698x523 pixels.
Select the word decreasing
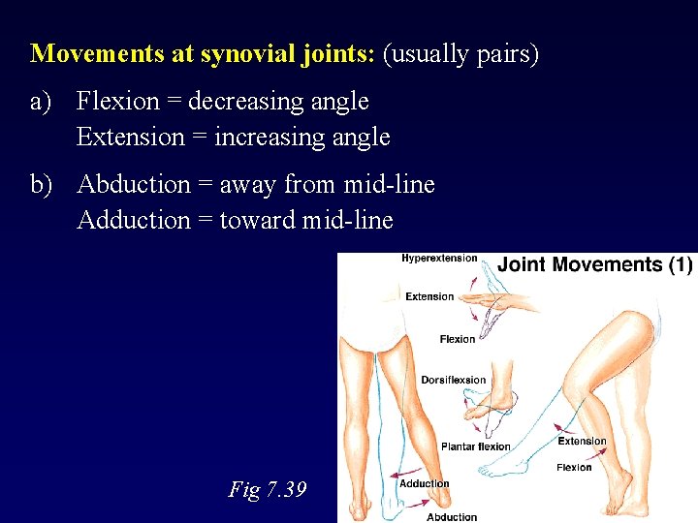tap(237, 101)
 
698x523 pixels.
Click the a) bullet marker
tap(43, 101)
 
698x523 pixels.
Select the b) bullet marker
tap(43, 184)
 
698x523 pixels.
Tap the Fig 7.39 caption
tap(268, 489)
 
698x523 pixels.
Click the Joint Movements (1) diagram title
tap(594, 264)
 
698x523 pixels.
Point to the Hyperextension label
tap(439, 258)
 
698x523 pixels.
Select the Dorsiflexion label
tap(453, 380)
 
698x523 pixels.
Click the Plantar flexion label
tap(475, 446)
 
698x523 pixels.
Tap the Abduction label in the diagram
tap(452, 516)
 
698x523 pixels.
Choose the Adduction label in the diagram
tap(424, 483)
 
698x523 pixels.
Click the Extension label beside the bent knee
tap(582, 442)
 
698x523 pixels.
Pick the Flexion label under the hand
tap(458, 339)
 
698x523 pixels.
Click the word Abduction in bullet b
tap(133, 184)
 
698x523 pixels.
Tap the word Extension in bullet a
tap(130, 137)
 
